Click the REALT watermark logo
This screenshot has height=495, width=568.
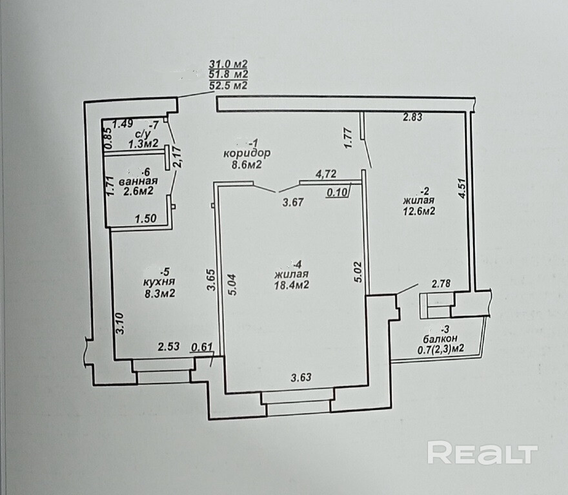coord(483,454)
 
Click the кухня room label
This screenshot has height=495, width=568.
coord(160,282)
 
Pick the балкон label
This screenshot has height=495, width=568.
coord(441,338)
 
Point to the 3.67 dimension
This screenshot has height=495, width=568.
coord(294,202)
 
